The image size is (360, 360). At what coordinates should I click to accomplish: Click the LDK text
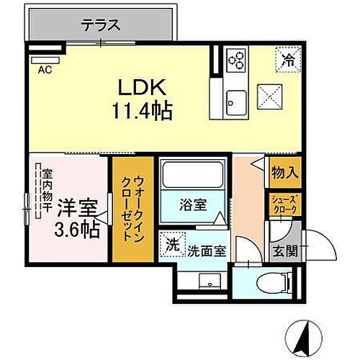[142, 89]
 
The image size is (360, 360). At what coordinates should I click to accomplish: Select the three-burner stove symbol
[237, 60]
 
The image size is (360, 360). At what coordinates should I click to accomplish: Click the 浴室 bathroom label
[192, 204]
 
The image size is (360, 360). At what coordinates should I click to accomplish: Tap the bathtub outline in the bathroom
[192, 176]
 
